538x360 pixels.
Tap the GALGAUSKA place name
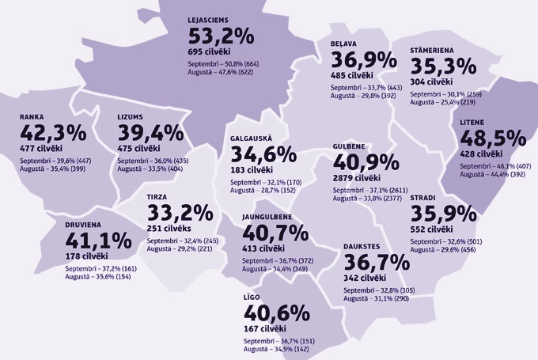[252, 138]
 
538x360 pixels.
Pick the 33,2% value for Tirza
[180, 213]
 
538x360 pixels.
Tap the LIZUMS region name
[131, 115]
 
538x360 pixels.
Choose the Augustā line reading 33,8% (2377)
[373, 199]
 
